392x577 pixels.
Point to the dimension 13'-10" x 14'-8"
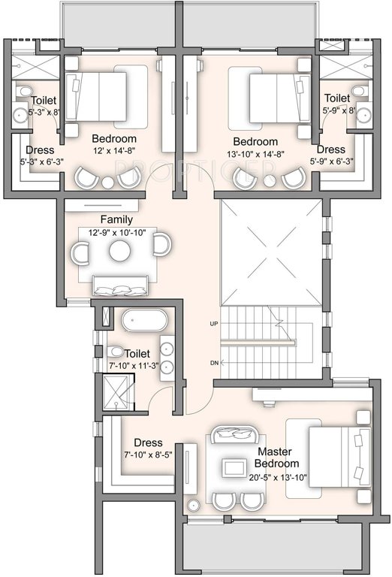coord(255,155)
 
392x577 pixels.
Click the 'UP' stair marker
coord(214,324)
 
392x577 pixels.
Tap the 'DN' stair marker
coord(214,363)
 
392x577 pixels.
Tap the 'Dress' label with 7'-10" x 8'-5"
coord(149,443)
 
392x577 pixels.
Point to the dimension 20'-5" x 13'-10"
coord(278,477)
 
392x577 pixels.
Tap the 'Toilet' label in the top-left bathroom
coord(43,101)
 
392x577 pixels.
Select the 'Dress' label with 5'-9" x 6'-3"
coord(330,150)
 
